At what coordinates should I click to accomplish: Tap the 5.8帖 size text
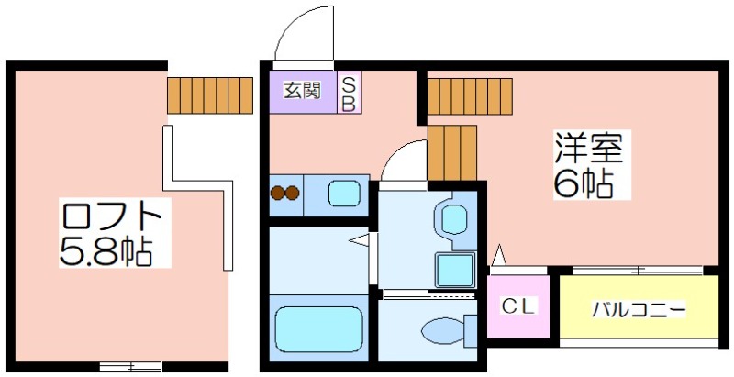click(x=106, y=253)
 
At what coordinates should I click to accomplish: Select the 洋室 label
click(x=589, y=148)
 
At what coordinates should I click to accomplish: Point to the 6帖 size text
click(x=584, y=183)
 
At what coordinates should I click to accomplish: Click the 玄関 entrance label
click(x=303, y=90)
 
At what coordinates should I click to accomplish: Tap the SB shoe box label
click(x=349, y=94)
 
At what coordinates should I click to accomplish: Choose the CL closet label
click(x=518, y=306)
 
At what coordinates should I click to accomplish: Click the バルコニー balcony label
click(x=639, y=310)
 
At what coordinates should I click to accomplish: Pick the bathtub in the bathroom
click(x=318, y=329)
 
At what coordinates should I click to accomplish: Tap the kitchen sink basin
click(x=344, y=194)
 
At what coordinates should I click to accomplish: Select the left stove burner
click(x=277, y=193)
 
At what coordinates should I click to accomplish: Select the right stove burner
click(x=292, y=193)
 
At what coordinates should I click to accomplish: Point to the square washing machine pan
click(x=455, y=270)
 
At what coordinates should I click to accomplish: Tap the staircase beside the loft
click(x=210, y=95)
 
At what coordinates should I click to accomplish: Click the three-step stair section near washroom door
click(x=452, y=152)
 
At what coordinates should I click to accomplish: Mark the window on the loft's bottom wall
click(x=131, y=366)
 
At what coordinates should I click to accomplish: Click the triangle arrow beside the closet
click(x=499, y=255)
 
